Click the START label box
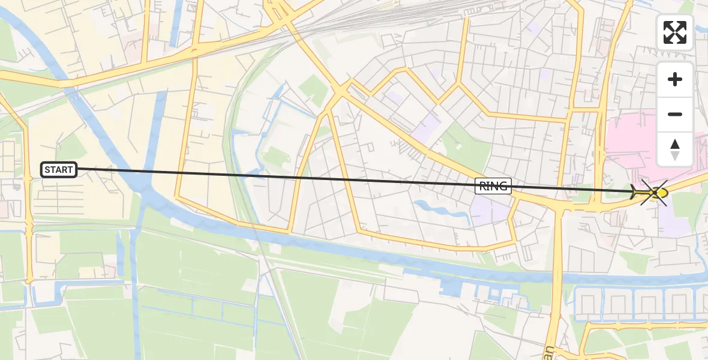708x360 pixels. pyautogui.click(x=59, y=170)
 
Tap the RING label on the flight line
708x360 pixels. pyautogui.click(x=493, y=186)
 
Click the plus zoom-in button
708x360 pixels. pyautogui.click(x=675, y=79)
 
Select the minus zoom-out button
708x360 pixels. pyautogui.click(x=675, y=114)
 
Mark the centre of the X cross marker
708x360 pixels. pyautogui.click(x=653, y=193)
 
